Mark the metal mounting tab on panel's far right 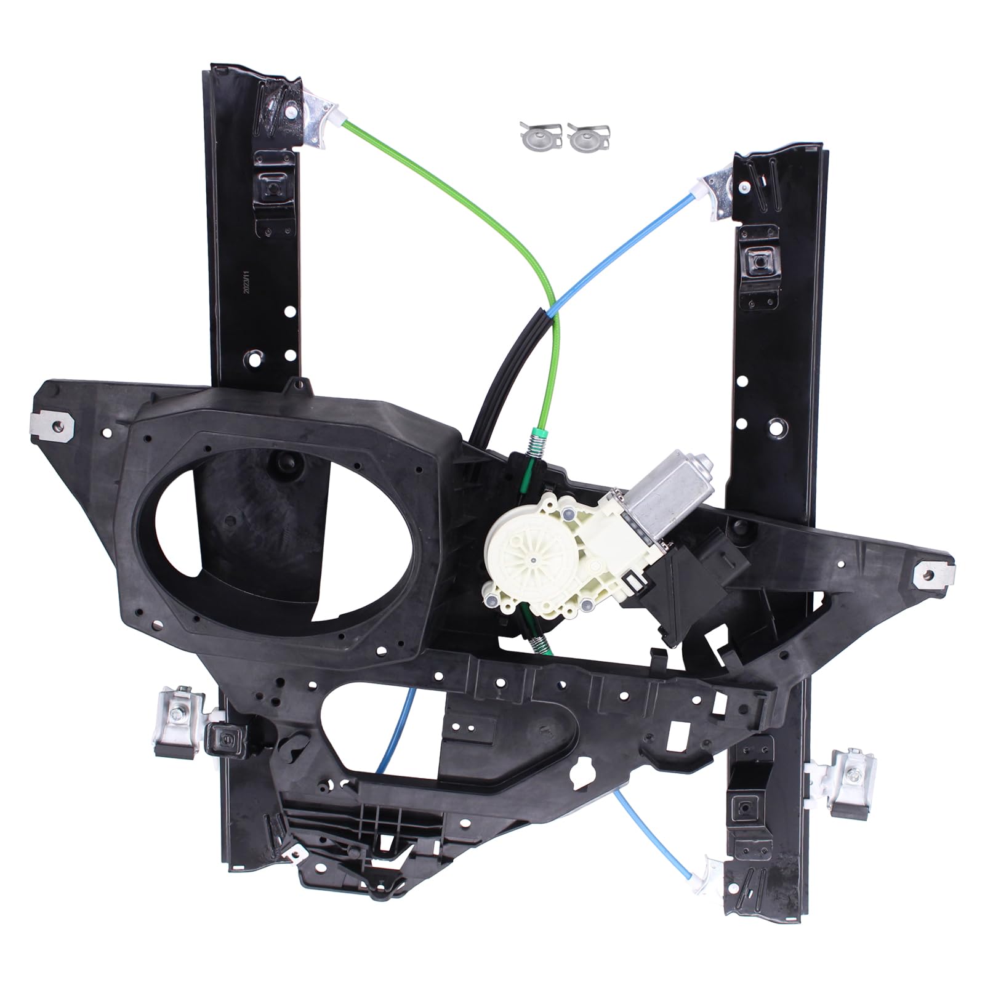point(934,574)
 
